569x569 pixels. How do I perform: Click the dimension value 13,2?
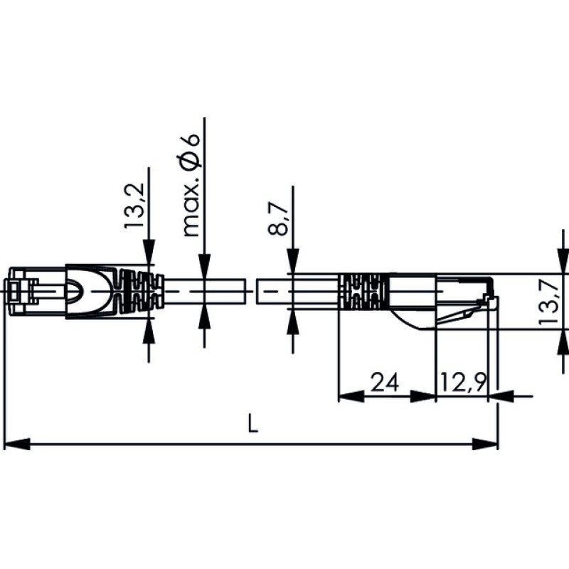[135, 206]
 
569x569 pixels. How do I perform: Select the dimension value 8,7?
[280, 218]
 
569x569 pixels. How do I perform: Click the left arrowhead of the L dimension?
[14, 444]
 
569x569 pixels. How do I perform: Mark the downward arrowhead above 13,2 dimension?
[149, 262]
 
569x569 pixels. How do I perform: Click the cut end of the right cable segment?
[258, 292]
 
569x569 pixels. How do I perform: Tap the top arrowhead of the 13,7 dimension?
[563, 264]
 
